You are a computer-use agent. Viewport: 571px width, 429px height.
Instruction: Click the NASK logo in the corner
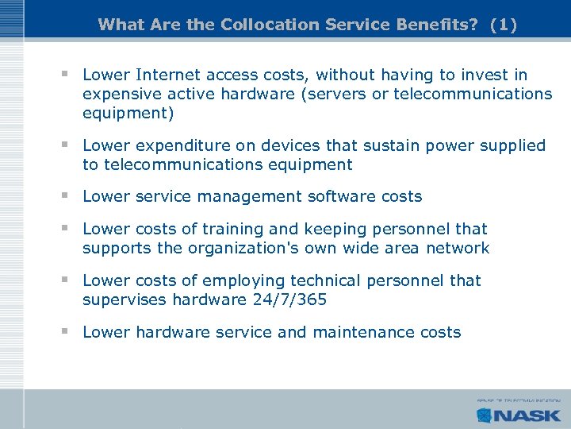point(519,413)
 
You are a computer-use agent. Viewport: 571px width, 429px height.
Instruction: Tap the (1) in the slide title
point(504,25)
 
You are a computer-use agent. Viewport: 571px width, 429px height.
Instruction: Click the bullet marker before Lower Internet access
point(67,75)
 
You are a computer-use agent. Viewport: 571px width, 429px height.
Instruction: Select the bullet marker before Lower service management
point(67,196)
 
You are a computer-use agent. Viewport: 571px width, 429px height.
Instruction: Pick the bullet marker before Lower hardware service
point(67,332)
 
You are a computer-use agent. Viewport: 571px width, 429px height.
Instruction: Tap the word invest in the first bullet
point(484,75)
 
